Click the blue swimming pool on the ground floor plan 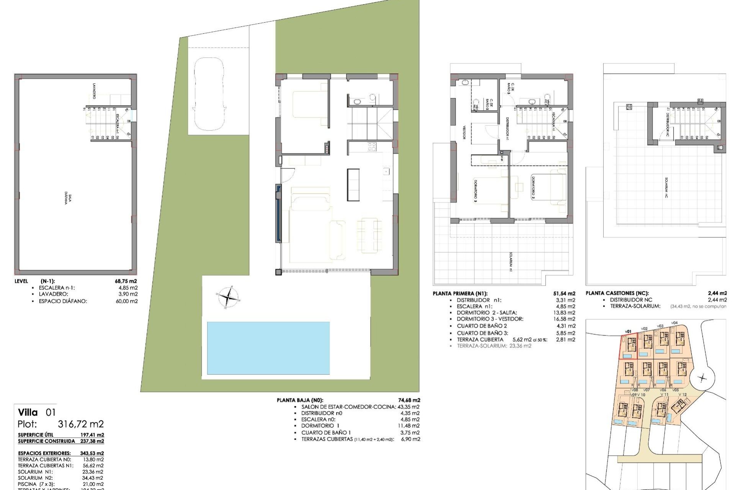[x=268, y=348]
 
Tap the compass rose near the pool [x=228, y=297]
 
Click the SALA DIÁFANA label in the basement [x=68, y=199]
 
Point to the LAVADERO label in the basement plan [x=94, y=91]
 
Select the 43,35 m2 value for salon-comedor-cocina [x=408, y=407]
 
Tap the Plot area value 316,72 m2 [x=80, y=424]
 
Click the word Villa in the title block [x=28, y=412]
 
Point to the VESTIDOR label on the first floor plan [x=464, y=132]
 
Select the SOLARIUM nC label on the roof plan [x=666, y=187]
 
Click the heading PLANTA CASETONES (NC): [x=617, y=293]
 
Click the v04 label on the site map [x=674, y=323]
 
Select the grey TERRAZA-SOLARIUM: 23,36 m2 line [x=494, y=346]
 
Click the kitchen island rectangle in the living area [x=353, y=185]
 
